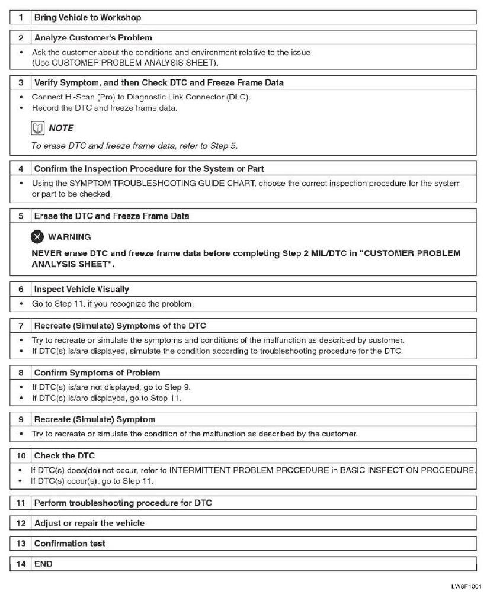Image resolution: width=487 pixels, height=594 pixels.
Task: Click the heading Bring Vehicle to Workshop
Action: click(87, 17)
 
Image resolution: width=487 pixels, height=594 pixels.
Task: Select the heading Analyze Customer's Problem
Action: click(93, 38)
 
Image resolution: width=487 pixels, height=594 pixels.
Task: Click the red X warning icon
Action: click(37, 236)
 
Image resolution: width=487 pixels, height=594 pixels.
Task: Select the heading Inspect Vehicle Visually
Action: click(81, 289)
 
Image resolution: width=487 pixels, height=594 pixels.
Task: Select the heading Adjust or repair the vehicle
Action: click(89, 523)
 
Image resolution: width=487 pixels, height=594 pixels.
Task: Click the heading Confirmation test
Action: click(70, 543)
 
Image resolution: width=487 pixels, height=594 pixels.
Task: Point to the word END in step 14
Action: click(43, 563)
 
